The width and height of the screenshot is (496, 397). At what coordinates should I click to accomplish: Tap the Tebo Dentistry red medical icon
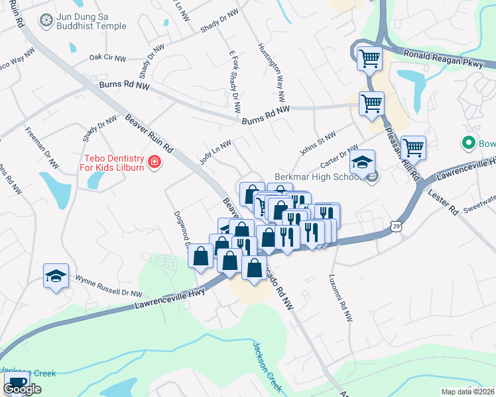click(x=155, y=161)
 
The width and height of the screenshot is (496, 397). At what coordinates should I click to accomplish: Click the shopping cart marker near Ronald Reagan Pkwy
click(x=369, y=58)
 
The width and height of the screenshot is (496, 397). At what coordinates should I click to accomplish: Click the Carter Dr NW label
click(x=339, y=157)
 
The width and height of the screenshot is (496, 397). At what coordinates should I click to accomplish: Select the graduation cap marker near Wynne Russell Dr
click(x=56, y=277)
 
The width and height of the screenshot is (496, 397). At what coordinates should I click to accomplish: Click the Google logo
click(x=22, y=389)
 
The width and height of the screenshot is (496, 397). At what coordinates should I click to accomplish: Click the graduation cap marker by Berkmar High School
click(x=363, y=163)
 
